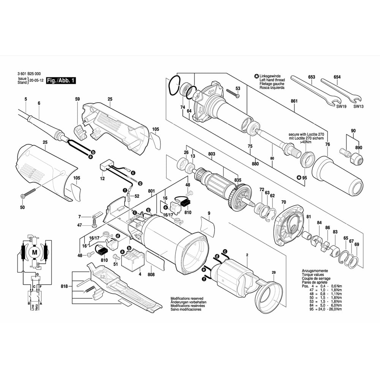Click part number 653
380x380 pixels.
coord(312,77)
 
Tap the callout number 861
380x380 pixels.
coord(294,101)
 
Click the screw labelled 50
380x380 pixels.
coord(28,194)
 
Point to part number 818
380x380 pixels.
coord(64,286)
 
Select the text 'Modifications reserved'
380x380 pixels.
coord(187,299)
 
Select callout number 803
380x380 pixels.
coord(212,154)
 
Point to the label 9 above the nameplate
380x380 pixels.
coord(209,213)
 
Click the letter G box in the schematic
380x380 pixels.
coord(37,274)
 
